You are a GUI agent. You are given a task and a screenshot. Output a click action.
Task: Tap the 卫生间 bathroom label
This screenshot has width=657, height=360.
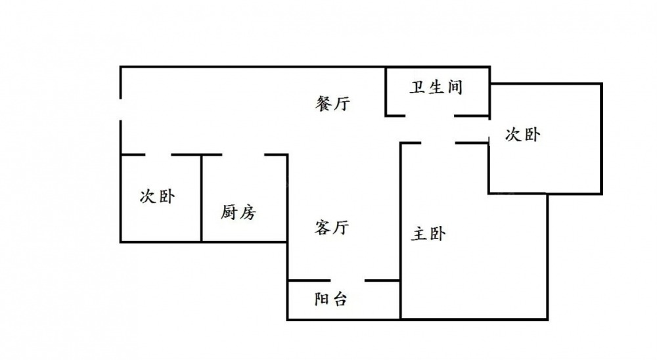[436, 87]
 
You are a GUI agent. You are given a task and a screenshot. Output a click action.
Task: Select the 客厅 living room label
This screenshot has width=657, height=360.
[332, 228]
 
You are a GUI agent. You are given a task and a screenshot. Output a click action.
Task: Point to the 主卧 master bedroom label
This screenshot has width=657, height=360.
[428, 234]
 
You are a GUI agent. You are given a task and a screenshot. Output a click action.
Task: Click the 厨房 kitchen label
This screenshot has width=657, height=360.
[238, 212]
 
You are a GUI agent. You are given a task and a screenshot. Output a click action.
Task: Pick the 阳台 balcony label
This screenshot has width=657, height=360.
[330, 300]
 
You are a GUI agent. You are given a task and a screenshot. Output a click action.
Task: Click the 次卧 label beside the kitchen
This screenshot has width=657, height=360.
[158, 196]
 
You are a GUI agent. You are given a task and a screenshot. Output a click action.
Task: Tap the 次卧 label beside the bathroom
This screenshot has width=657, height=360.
[522, 135]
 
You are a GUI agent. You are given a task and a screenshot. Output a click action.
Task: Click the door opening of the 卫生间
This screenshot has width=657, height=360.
[430, 116]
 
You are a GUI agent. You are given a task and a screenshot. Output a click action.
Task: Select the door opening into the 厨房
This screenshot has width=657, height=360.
[242, 155]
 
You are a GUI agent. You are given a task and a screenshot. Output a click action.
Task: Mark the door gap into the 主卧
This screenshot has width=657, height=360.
[438, 143]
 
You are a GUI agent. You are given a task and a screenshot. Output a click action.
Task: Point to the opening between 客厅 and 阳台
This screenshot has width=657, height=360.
[342, 281]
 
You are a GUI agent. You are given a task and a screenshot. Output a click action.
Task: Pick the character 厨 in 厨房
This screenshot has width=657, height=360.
[229, 212]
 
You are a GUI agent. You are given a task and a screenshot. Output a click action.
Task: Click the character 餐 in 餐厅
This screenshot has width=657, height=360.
[323, 104]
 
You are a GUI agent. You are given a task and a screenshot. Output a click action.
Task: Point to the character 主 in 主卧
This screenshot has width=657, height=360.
[419, 234]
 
